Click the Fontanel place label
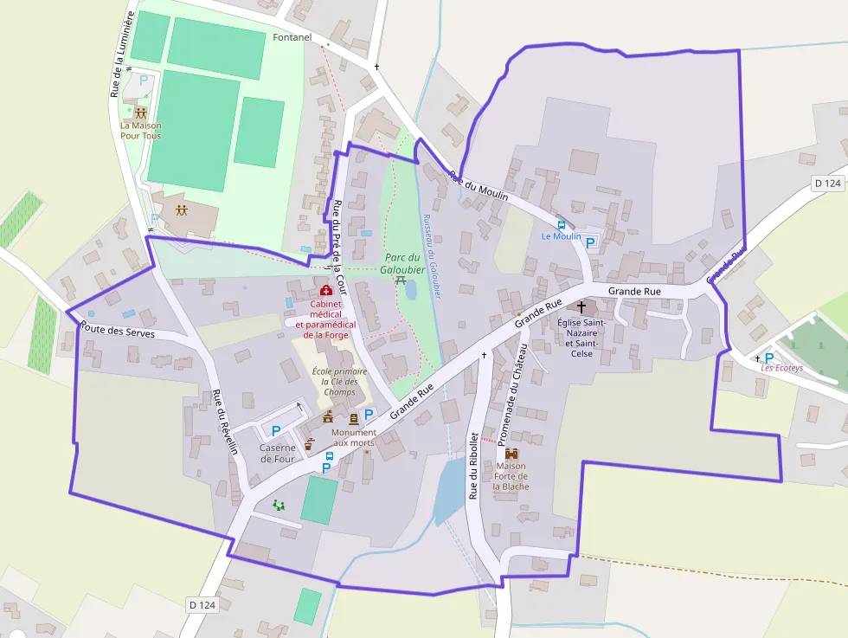click(292, 38)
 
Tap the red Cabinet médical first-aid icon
click(326, 291)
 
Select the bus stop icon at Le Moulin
click(562, 224)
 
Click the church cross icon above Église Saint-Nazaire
click(581, 307)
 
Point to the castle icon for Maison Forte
click(511, 453)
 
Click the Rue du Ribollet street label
click(473, 466)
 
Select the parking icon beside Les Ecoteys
click(768, 357)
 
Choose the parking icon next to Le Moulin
click(591, 243)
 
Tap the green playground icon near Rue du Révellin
click(278, 505)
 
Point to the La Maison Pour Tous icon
click(140, 113)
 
